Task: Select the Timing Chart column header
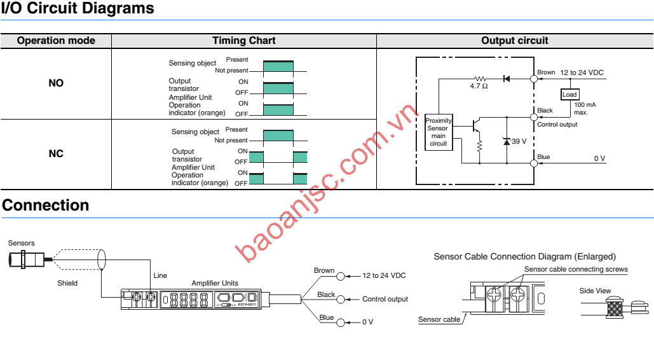[x=243, y=41]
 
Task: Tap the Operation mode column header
[x=56, y=41]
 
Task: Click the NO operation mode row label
[x=56, y=83]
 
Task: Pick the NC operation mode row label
[x=56, y=153]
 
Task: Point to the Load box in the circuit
[x=569, y=95]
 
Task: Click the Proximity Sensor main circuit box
[x=438, y=132]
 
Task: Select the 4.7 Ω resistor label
[x=479, y=86]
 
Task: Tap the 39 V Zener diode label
[x=519, y=141]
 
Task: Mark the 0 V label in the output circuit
[x=599, y=158]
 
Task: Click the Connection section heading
[x=46, y=205]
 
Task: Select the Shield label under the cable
[x=67, y=283]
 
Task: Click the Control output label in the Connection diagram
[x=385, y=299]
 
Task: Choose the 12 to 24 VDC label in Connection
[x=384, y=276]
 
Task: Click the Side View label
[x=595, y=291]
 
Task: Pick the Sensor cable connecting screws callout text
[x=576, y=270]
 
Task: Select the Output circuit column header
[x=514, y=41]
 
